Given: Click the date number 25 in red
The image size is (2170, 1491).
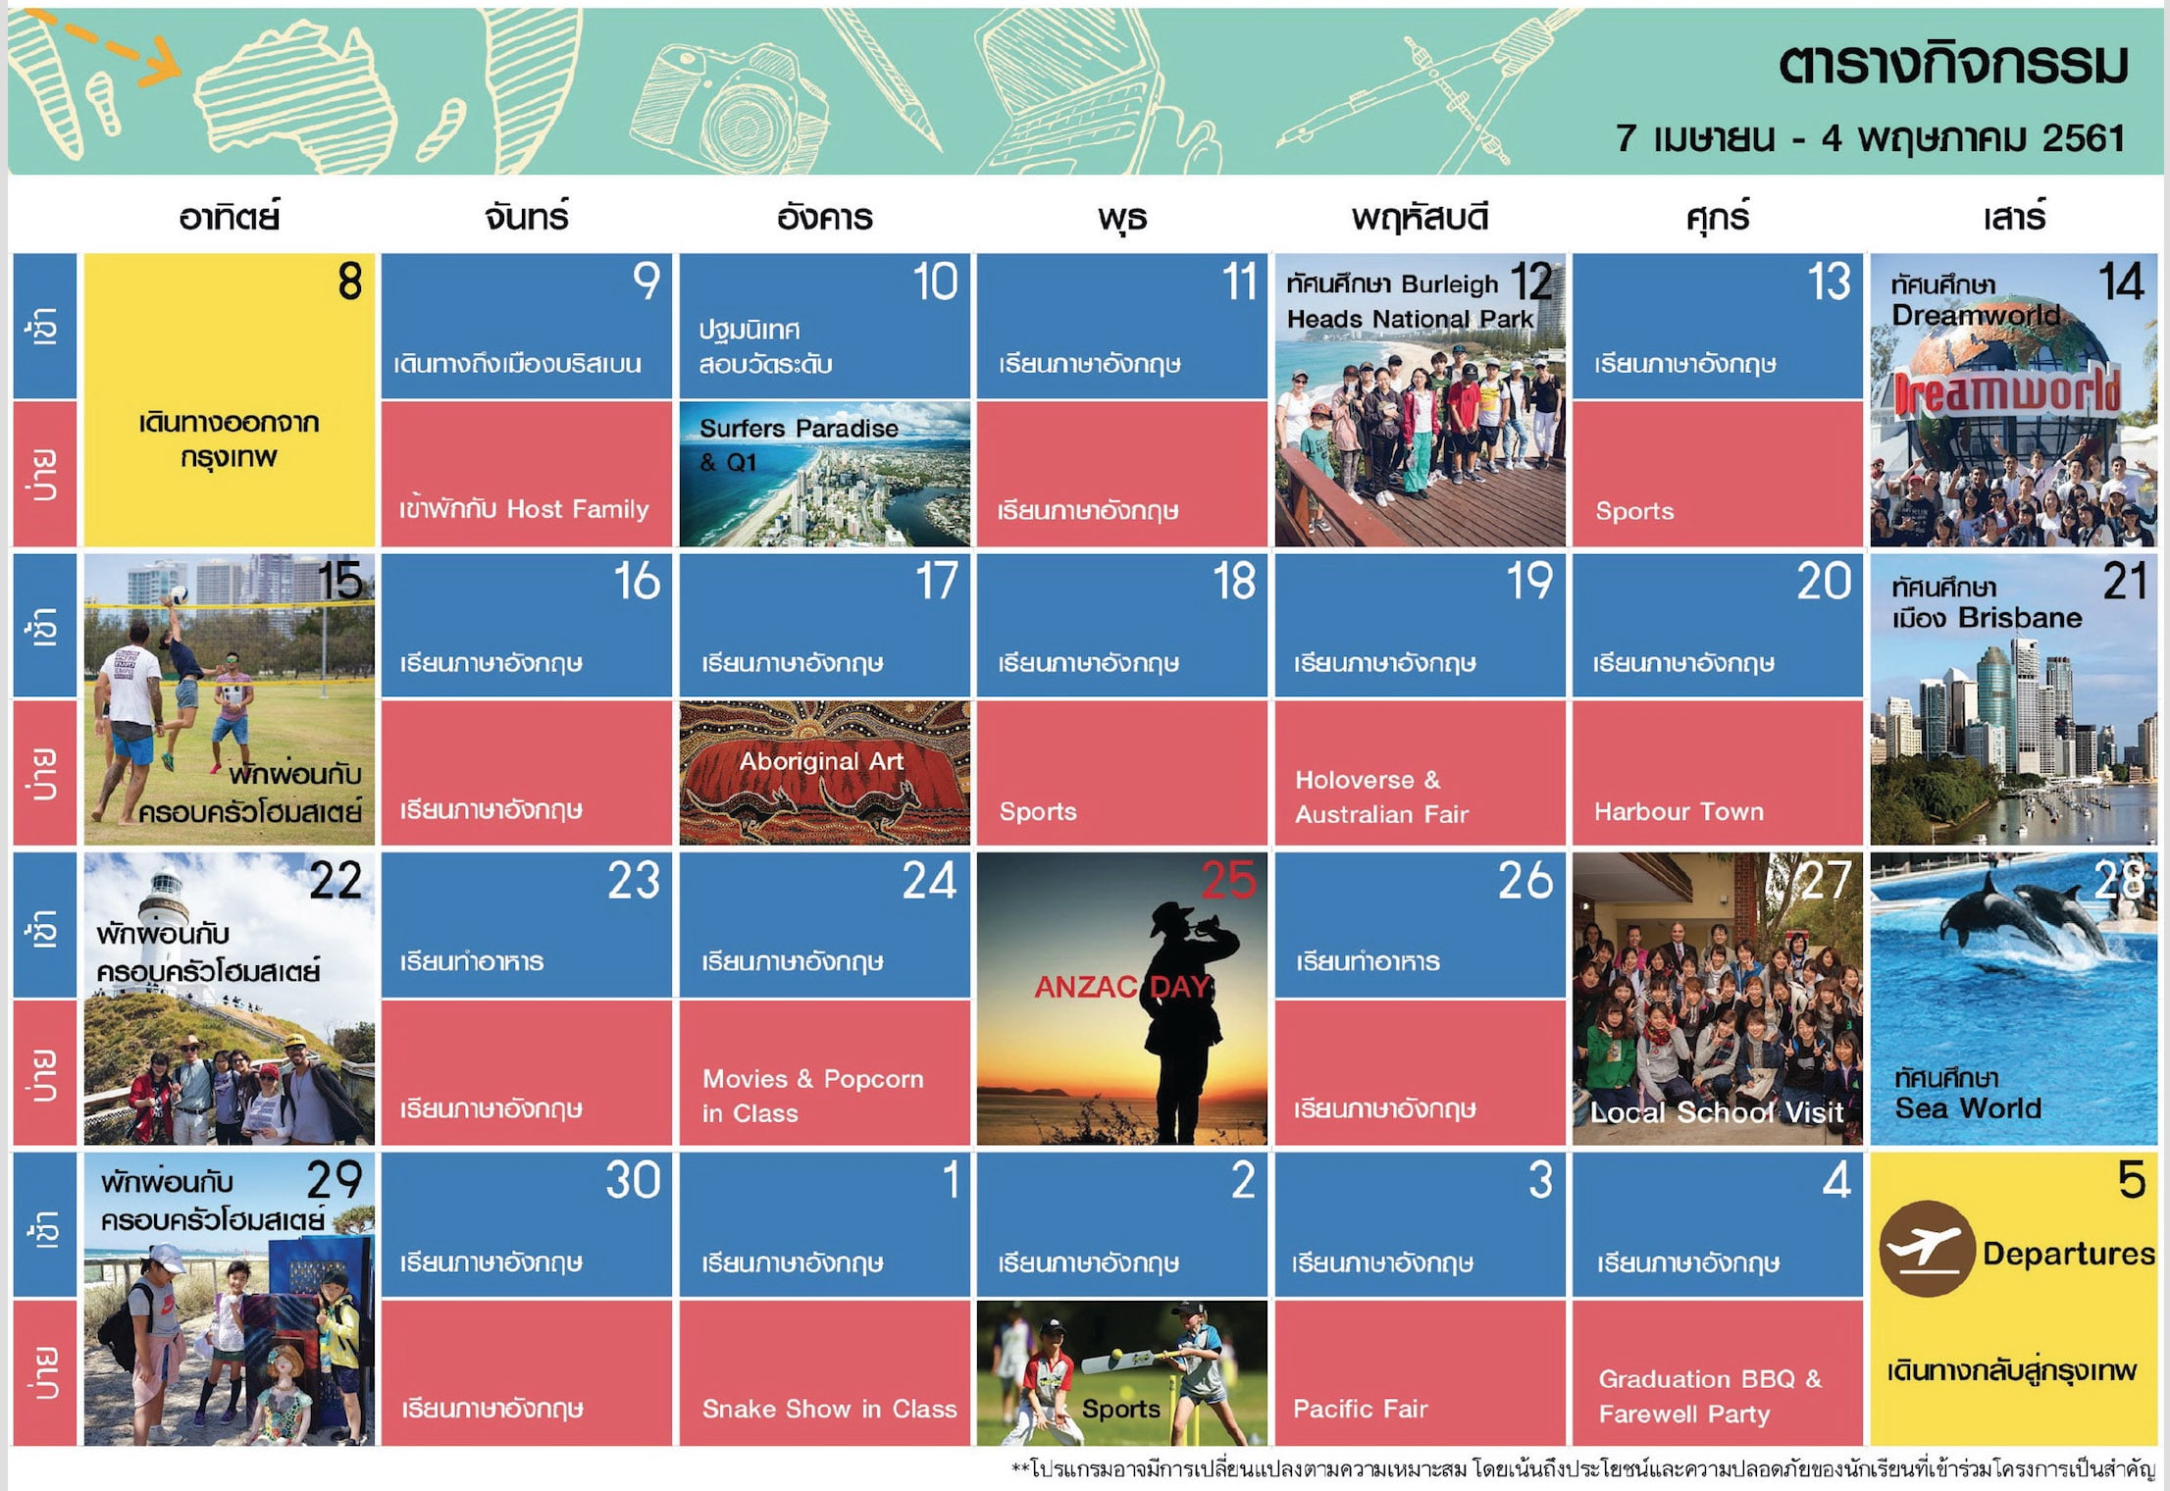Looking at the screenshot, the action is click(x=1228, y=880).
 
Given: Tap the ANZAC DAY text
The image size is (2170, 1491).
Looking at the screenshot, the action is click(x=1123, y=987).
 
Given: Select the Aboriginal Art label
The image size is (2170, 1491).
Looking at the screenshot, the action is click(x=821, y=761).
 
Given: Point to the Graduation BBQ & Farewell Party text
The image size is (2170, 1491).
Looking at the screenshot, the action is click(x=1710, y=1396).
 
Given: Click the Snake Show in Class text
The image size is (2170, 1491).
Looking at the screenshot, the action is click(x=829, y=1409).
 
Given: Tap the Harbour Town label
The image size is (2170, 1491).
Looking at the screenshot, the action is click(x=1679, y=811).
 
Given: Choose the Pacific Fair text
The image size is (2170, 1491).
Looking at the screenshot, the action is click(x=1360, y=1409).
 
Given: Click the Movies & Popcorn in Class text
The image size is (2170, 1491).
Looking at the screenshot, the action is click(x=812, y=1096).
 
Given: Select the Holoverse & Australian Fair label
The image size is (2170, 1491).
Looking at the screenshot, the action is click(x=1381, y=797).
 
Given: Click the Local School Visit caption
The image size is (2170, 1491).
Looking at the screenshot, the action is click(x=1717, y=1112).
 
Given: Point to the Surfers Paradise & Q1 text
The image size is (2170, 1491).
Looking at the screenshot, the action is click(x=799, y=444).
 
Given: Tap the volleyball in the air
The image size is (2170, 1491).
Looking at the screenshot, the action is click(x=178, y=595).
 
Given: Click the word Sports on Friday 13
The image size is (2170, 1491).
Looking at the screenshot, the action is click(x=1634, y=511).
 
